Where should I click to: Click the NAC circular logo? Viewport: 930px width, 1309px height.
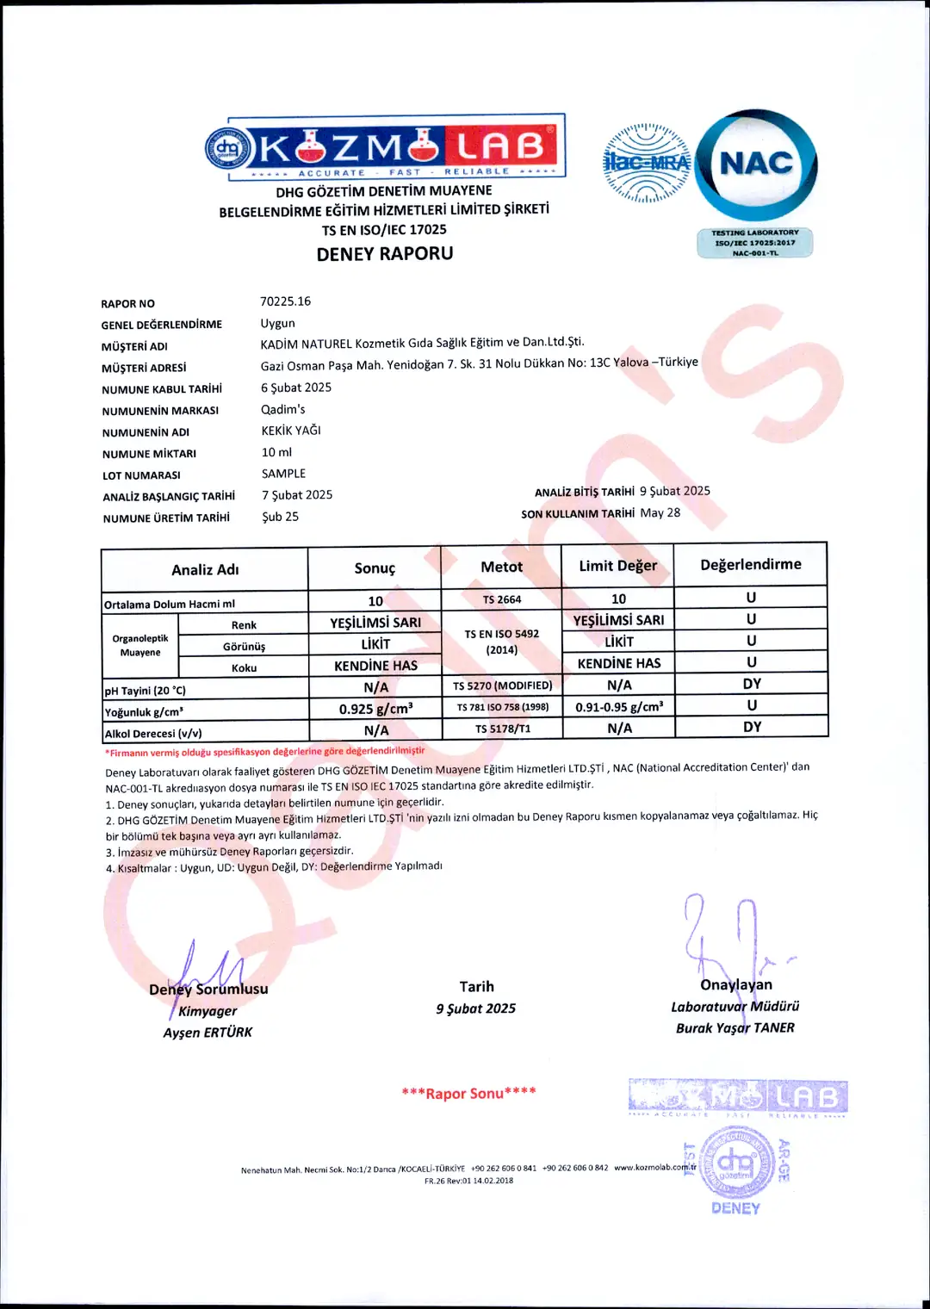tap(756, 164)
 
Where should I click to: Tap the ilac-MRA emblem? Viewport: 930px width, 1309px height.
tap(647, 164)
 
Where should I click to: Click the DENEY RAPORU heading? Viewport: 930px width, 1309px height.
tap(385, 254)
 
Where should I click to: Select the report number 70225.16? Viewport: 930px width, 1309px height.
tap(285, 301)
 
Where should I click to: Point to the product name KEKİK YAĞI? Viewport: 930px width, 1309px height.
tap(291, 431)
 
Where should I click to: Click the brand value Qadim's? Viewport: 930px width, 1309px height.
tap(282, 409)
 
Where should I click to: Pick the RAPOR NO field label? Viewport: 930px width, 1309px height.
tap(127, 304)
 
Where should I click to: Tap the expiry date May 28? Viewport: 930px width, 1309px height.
tap(660, 512)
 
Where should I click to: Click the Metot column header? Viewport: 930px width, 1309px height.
tap(501, 567)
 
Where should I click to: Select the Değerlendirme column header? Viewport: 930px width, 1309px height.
tap(750, 565)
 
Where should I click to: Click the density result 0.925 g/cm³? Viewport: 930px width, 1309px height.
tap(375, 709)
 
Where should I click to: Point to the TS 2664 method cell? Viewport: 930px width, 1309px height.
tap(501, 599)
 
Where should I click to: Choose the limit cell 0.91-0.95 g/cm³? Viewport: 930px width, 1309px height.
tap(619, 707)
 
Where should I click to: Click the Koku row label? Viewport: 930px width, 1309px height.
tap(244, 667)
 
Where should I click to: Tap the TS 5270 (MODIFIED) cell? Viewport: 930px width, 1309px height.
tap(502, 686)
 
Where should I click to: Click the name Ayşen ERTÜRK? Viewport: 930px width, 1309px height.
tap(208, 1033)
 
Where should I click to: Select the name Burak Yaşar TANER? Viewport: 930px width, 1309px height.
tap(735, 1028)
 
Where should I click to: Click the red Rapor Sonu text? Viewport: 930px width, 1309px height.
tap(468, 1094)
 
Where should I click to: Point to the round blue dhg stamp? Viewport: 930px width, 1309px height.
tap(735, 1164)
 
